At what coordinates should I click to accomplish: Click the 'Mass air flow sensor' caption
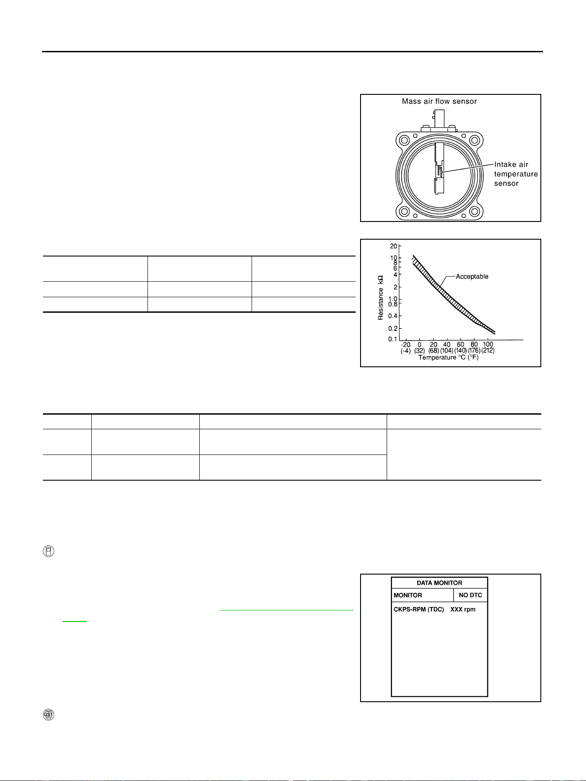coord(439,101)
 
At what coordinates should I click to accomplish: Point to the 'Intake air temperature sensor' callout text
coord(516,174)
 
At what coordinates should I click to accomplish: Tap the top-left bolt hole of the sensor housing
coord(404,141)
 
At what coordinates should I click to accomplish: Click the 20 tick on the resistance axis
coord(393,246)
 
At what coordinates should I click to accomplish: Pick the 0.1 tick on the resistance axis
coord(393,339)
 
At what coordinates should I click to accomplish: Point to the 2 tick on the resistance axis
coord(396,287)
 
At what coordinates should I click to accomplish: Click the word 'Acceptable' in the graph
coord(472,276)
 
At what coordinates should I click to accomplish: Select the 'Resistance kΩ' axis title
coord(381,297)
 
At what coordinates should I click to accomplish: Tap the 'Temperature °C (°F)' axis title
coord(449,357)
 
